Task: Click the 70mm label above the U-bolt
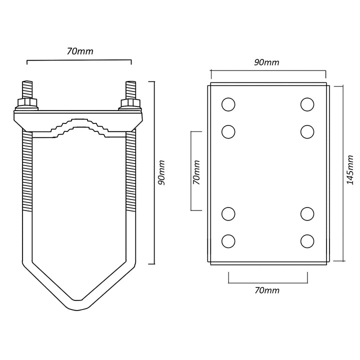80,51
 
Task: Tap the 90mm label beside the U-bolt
161,172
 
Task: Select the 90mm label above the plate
266,62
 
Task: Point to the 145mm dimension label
350,169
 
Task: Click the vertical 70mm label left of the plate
196,172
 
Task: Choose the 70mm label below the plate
267,290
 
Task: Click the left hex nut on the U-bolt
27,102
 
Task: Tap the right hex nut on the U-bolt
130,102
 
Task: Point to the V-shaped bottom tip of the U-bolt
77,305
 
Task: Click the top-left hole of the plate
228,104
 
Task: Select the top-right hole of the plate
307,104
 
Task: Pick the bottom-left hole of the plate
228,241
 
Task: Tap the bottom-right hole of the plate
307,241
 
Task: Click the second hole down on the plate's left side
228,132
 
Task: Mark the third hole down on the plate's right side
307,214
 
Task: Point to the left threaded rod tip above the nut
27,90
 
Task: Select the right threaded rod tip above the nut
130,90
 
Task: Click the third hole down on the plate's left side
228,214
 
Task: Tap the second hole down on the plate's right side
307,132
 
